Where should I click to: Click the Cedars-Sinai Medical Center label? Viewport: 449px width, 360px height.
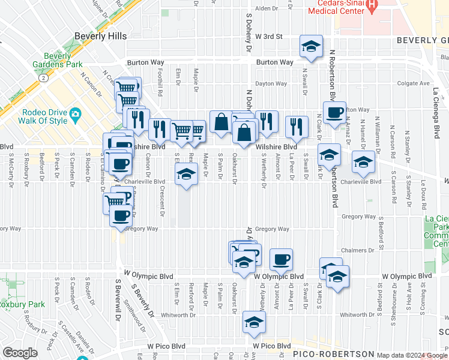click(336, 6)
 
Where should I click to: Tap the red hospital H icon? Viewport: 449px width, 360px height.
click(372, 6)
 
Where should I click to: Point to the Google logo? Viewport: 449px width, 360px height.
click(20, 353)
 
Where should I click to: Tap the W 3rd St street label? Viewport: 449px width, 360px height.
click(268, 37)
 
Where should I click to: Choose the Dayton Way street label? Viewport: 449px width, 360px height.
click(271, 84)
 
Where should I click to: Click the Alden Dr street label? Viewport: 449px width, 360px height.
click(264, 8)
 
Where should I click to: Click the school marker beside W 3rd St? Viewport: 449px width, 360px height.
click(311, 46)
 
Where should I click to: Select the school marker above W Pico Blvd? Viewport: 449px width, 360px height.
click(254, 322)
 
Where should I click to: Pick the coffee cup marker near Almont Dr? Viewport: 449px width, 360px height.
click(281, 260)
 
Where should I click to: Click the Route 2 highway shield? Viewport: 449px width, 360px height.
click(43, 77)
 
